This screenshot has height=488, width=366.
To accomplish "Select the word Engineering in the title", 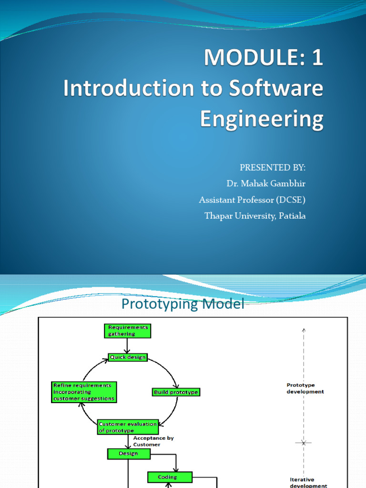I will pyautogui.click(x=261, y=119).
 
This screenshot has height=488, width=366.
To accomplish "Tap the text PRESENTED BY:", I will pyautogui.click(x=273, y=168).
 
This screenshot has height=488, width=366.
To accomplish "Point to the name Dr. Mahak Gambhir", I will pyautogui.click(x=266, y=184).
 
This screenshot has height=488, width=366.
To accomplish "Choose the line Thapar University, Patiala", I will pyautogui.click(x=255, y=216).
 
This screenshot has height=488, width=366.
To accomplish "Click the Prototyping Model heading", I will pyautogui.click(x=183, y=304).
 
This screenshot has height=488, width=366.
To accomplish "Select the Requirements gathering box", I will pyautogui.click(x=127, y=331).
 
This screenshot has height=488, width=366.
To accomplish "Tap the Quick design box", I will pyautogui.click(x=128, y=357).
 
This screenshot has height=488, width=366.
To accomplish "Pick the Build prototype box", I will pyautogui.click(x=176, y=392).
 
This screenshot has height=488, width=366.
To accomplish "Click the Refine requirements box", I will pyautogui.click(x=84, y=391).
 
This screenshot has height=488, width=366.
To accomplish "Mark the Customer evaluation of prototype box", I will pyautogui.click(x=127, y=427).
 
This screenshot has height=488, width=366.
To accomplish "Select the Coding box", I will pyautogui.click(x=168, y=477).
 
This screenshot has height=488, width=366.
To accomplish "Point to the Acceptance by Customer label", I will pyautogui.click(x=150, y=441).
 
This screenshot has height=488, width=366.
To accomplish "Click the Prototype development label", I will pyautogui.click(x=305, y=388).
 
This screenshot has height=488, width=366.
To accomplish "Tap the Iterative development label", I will pyautogui.click(x=308, y=483).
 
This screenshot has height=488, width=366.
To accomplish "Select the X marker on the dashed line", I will pyautogui.click(x=303, y=443).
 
